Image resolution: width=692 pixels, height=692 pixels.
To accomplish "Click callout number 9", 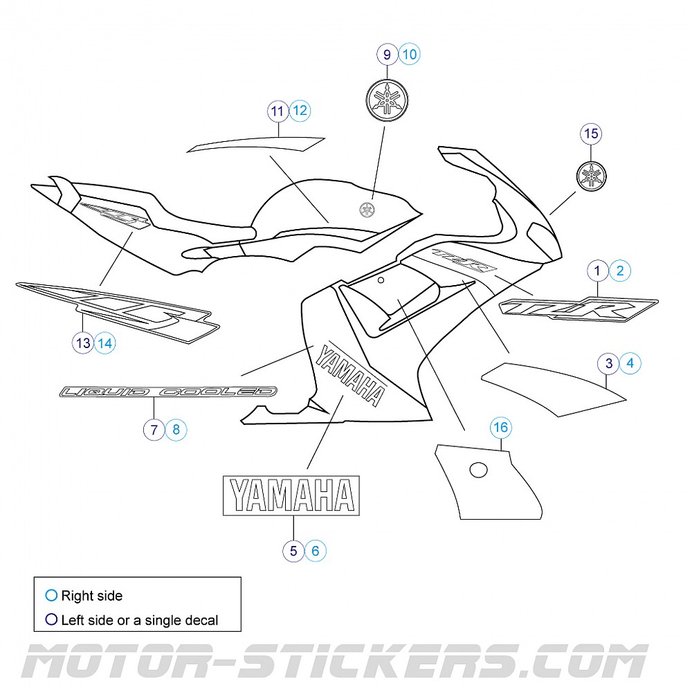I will pyautogui.click(x=388, y=54).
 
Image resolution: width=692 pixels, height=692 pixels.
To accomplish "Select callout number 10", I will pyautogui.click(x=410, y=54).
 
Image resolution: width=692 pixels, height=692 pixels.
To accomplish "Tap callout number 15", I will pyautogui.click(x=592, y=134).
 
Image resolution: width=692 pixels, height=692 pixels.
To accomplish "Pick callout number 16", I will pyautogui.click(x=500, y=428).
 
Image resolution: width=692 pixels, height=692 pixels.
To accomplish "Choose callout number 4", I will pyautogui.click(x=630, y=363).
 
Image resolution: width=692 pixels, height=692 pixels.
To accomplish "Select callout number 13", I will pyautogui.click(x=83, y=342).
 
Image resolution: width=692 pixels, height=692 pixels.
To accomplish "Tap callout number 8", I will pyautogui.click(x=176, y=430).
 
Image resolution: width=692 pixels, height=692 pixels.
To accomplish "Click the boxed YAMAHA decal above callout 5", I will pyautogui.click(x=291, y=495).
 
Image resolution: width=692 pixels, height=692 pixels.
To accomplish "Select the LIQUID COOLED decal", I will pyautogui.click(x=168, y=392).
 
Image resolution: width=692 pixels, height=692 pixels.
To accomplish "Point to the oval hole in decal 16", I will pyautogui.click(x=479, y=470).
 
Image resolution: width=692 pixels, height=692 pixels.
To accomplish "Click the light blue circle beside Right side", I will pyautogui.click(x=51, y=595).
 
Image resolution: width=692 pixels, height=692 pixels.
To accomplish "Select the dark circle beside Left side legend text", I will pyautogui.click(x=51, y=620).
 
